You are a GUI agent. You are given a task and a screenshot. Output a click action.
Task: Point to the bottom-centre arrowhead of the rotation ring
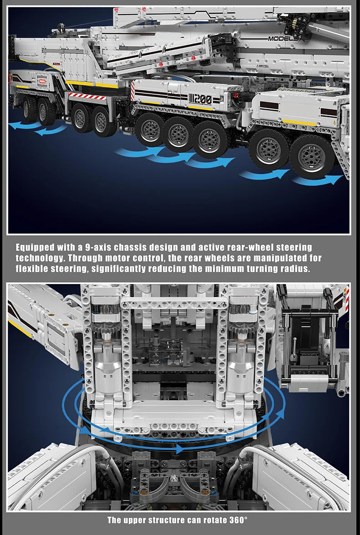tap(179, 449)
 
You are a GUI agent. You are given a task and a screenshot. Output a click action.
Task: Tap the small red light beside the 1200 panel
tap(237, 95)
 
